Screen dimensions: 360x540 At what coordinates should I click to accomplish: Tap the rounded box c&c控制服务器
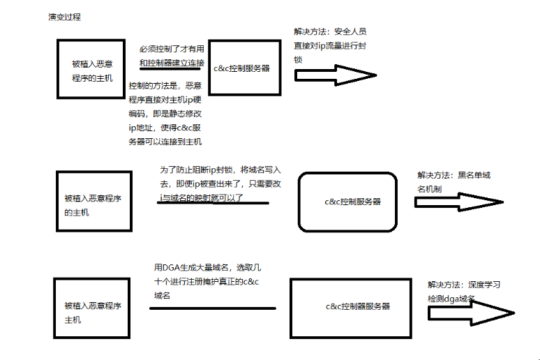(348, 201)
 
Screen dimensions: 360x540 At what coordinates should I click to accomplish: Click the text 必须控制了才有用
(172, 49)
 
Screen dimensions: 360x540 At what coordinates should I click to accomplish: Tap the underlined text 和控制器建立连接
(172, 63)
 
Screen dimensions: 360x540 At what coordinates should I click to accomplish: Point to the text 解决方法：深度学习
(464, 285)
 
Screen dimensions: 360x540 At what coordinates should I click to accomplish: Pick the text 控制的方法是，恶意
(165, 86)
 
